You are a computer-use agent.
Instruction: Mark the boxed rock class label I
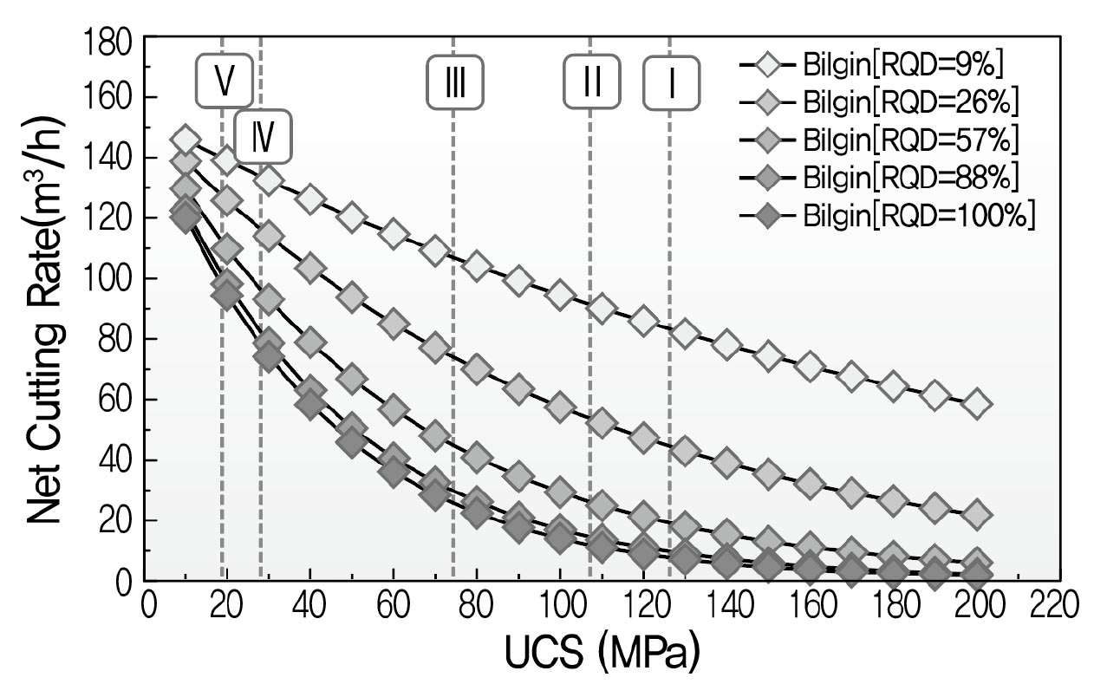pyautogui.click(x=671, y=81)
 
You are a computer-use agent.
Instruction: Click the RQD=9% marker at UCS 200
pyautogui.click(x=976, y=404)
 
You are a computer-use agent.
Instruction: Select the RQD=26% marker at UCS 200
pyautogui.click(x=976, y=514)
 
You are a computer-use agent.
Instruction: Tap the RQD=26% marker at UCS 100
pyautogui.click(x=560, y=406)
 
